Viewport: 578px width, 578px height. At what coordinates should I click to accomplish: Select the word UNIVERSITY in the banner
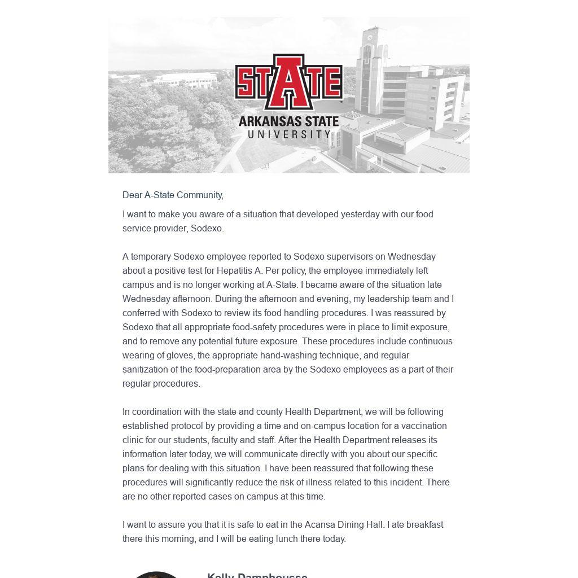click(x=289, y=134)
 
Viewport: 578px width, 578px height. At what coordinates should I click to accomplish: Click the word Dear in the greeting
click(x=132, y=195)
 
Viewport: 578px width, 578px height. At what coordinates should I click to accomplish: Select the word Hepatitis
click(x=234, y=271)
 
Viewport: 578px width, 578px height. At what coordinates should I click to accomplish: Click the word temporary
click(x=151, y=257)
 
